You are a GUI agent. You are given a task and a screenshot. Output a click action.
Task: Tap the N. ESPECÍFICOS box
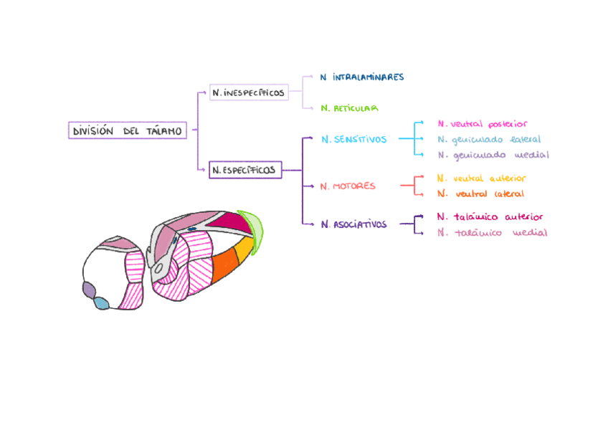point(244,171)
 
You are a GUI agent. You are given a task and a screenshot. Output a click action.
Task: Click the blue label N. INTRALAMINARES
point(362,77)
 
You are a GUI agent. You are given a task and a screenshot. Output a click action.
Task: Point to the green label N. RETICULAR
point(349,108)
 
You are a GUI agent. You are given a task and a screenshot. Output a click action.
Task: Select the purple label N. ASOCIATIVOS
point(353,224)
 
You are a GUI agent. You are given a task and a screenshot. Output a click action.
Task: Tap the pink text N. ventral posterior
point(482,124)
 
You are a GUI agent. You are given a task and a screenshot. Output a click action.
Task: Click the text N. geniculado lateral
point(488,140)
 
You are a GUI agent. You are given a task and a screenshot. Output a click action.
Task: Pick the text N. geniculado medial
point(493,155)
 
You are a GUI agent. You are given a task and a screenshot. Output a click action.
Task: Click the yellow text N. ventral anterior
point(481,178)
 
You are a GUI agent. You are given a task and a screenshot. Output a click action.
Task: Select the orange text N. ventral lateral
point(480,193)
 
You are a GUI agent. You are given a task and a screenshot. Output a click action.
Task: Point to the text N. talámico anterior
point(490,216)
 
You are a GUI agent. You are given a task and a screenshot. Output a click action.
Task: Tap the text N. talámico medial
point(492,232)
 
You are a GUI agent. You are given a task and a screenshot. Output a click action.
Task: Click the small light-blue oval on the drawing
point(102,303)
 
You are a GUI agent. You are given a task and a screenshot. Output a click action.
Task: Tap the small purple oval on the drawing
point(89,290)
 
